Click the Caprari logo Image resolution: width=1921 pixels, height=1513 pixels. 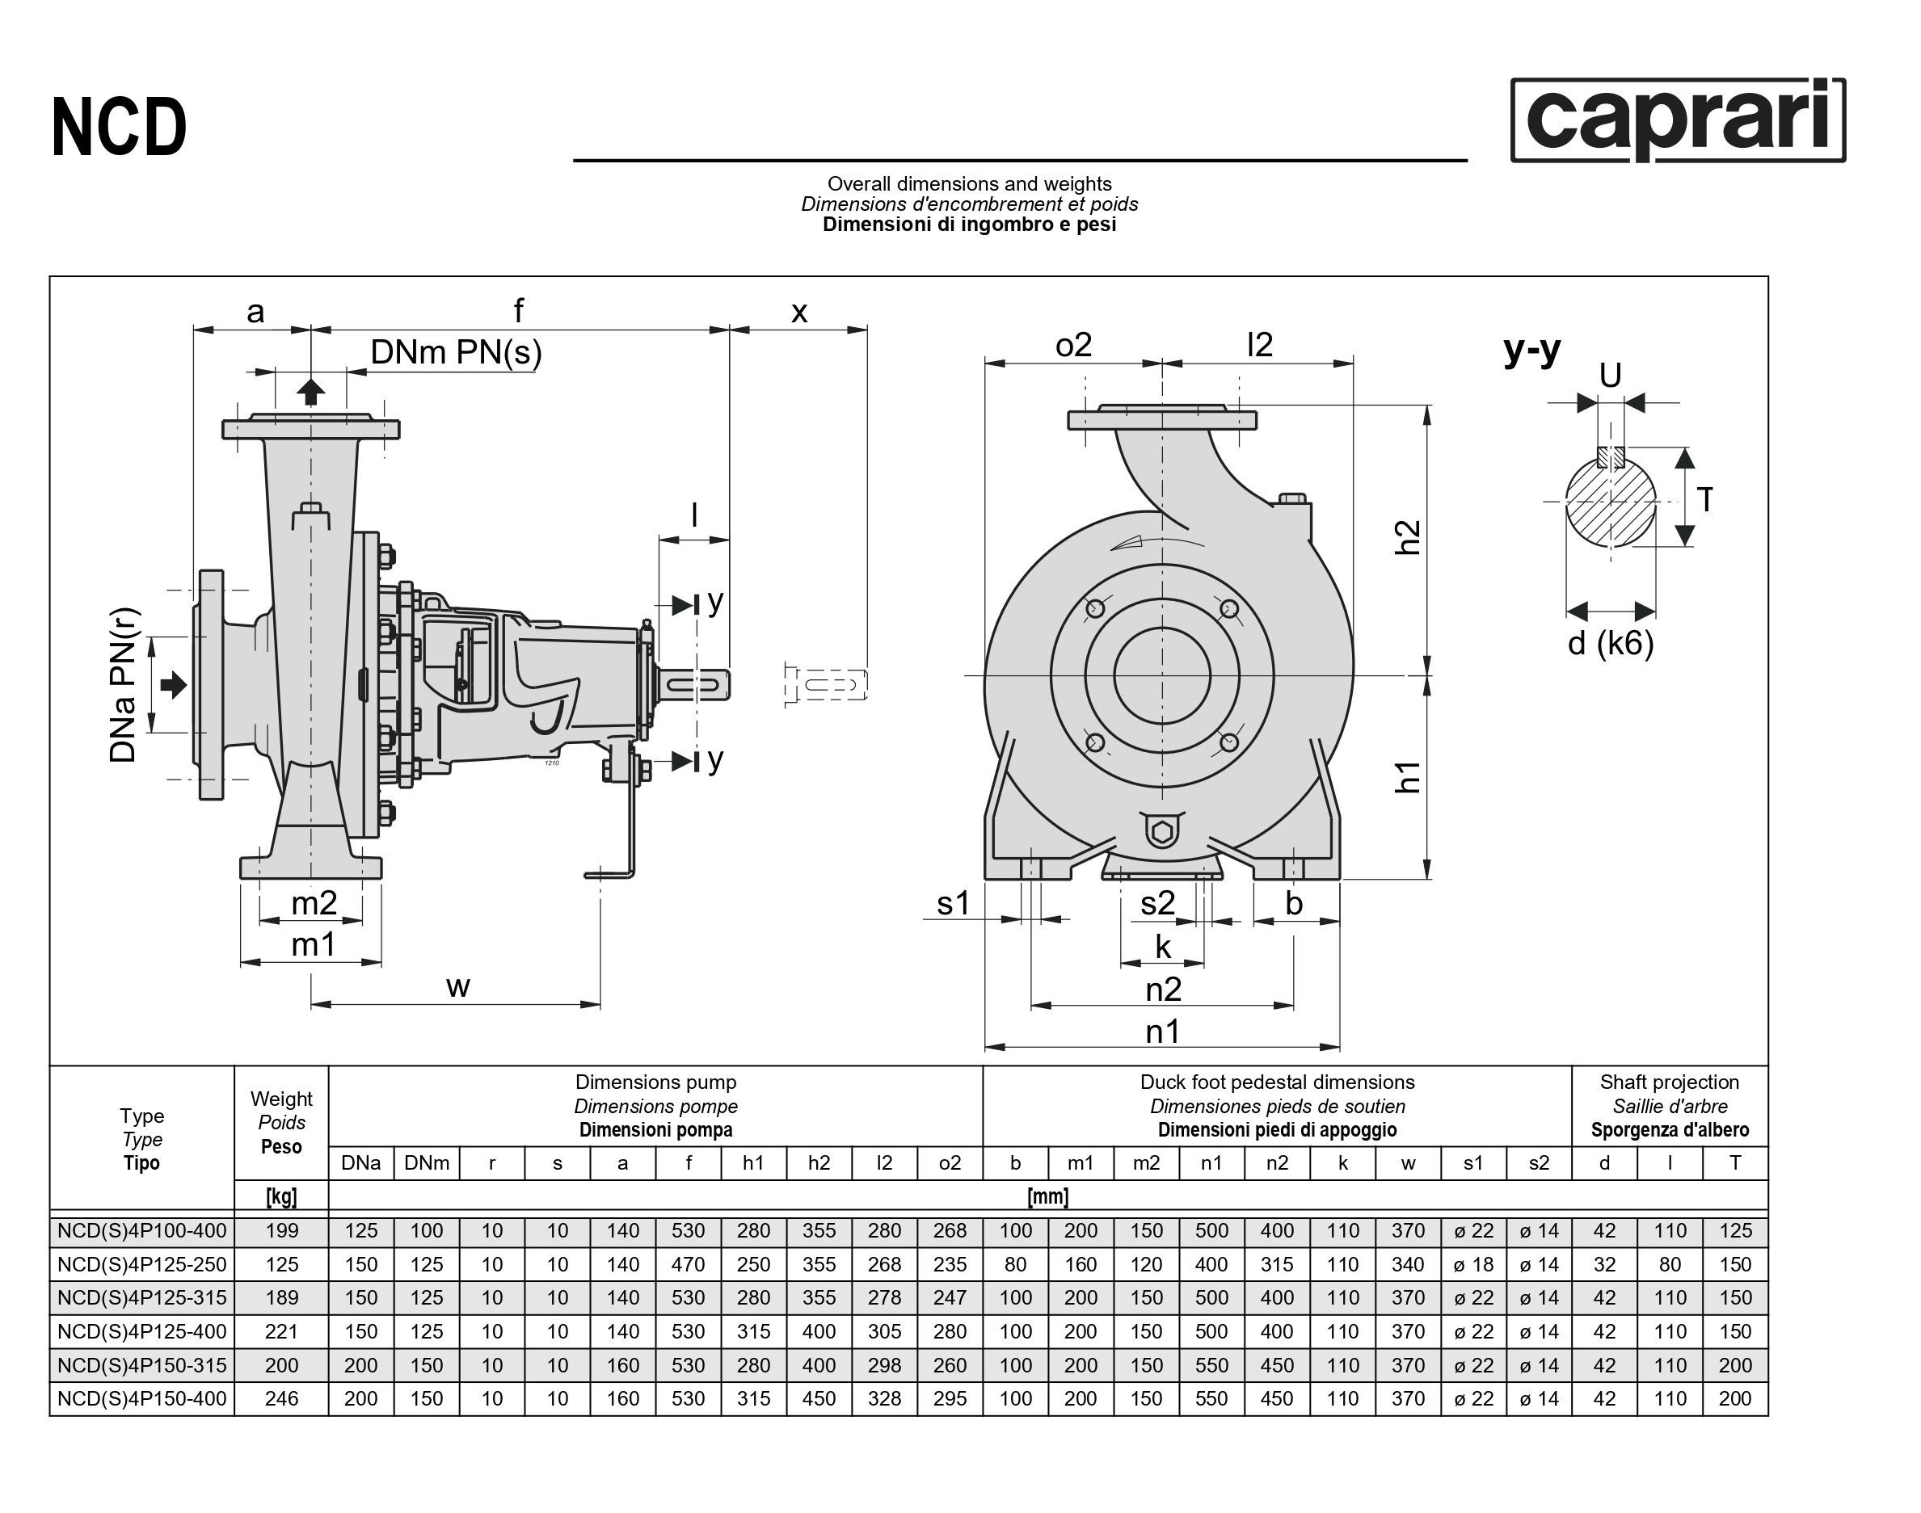[1677, 120]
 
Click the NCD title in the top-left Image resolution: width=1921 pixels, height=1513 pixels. [120, 127]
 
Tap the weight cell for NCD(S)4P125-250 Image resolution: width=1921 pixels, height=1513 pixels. [281, 1264]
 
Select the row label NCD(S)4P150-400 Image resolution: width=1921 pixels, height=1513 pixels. [141, 1399]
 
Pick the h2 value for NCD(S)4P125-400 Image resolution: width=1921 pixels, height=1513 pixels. [819, 1331]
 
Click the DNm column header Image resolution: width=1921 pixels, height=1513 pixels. [426, 1163]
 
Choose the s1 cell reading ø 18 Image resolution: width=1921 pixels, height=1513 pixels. [1472, 1264]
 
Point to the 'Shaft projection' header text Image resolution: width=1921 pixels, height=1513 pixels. [1669, 1082]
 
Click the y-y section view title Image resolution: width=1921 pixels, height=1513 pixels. [1532, 350]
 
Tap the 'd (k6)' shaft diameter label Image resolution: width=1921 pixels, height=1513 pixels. [1611, 643]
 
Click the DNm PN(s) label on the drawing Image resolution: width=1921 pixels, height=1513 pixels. [456, 352]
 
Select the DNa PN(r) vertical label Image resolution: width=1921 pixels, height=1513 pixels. [124, 685]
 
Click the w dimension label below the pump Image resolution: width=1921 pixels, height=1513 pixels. [457, 987]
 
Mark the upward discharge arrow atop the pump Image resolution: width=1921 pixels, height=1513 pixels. [310, 391]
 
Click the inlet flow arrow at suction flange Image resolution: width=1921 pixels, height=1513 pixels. [174, 685]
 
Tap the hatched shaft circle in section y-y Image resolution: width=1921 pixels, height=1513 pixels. [1611, 502]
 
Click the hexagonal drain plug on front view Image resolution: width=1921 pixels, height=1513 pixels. [1161, 832]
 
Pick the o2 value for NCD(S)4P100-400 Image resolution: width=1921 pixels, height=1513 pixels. [949, 1230]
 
